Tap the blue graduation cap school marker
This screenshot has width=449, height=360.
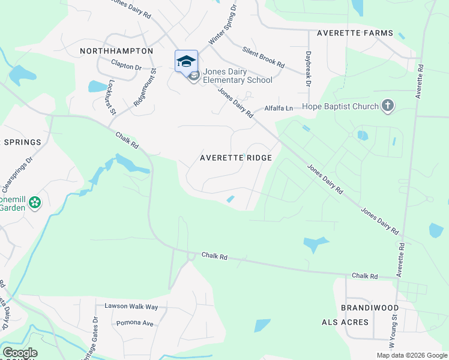coord(186,61)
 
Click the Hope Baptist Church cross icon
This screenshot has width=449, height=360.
coord(388,106)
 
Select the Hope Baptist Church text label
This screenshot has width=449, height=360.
coord(340,107)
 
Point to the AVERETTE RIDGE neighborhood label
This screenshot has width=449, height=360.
coord(236,158)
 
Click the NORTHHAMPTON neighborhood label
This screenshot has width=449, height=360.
coord(116,52)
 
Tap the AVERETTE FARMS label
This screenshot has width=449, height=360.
coord(355,33)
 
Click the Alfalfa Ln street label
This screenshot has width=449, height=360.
coord(279,109)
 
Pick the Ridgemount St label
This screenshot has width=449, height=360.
coord(145,86)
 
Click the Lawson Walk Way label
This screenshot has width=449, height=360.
coord(131,307)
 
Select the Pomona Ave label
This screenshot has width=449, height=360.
coord(136,323)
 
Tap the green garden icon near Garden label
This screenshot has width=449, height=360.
coord(35,203)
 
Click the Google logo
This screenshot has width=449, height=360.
coord(20,353)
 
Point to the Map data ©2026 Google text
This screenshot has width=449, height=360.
coord(411,355)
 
